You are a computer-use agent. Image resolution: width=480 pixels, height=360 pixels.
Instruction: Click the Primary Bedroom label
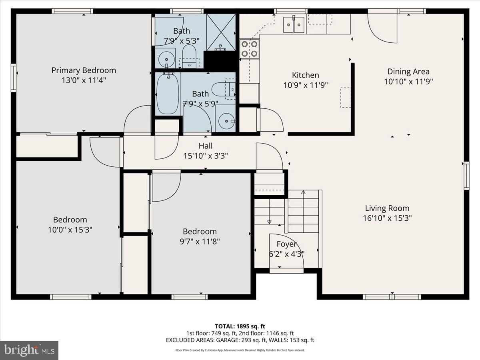(84, 70)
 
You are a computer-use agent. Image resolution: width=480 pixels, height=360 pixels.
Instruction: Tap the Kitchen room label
(305, 75)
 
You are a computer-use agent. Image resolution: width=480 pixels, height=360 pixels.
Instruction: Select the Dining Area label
(408, 72)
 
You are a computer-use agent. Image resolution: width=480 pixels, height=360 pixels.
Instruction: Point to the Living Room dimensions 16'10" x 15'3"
(387, 218)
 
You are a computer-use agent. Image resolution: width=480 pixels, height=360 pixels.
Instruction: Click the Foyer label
(286, 244)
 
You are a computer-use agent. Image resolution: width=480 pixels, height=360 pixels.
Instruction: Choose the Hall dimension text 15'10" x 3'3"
(205, 156)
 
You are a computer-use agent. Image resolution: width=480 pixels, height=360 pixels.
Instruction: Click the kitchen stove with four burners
(249, 49)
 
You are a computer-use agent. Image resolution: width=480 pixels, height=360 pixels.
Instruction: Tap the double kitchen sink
(294, 24)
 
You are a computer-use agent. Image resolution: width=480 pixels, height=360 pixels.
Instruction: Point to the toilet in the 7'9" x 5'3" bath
(189, 56)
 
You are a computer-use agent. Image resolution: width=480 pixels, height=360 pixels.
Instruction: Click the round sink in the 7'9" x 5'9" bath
(226, 120)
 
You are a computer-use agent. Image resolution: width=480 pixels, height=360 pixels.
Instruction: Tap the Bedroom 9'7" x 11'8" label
(200, 232)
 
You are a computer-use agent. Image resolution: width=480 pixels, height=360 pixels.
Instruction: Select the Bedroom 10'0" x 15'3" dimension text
(70, 230)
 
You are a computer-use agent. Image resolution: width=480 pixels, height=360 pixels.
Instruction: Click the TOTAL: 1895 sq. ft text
(240, 326)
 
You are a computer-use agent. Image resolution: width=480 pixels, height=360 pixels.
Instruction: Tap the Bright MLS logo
(29, 350)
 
